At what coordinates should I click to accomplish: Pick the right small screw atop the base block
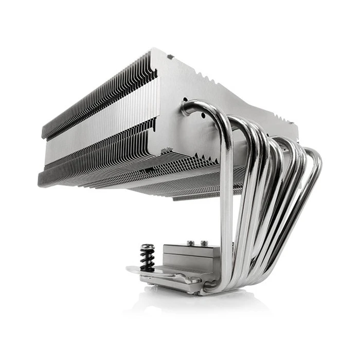tap(204, 242)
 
